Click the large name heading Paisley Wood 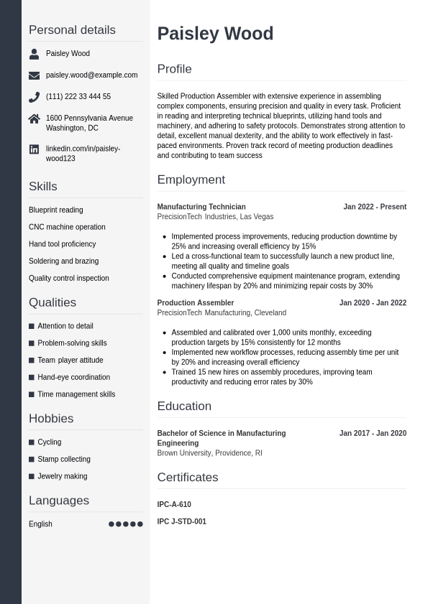point(215,34)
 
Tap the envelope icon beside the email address point(34,75)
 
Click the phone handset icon point(34,97)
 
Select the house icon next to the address point(34,119)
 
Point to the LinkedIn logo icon point(34,149)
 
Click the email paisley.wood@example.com point(91,75)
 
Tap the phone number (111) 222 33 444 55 point(78,96)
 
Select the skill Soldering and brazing point(63,261)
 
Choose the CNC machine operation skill point(67,227)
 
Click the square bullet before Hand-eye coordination point(32,378)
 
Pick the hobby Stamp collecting point(64,460)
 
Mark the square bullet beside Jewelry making point(32,477)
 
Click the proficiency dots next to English point(125,524)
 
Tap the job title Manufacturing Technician point(201,207)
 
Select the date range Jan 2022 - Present point(375,207)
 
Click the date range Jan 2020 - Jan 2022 point(373,303)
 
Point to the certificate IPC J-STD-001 point(181,521)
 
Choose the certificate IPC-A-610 point(174,505)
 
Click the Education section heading point(184,406)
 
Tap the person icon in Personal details point(34,54)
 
